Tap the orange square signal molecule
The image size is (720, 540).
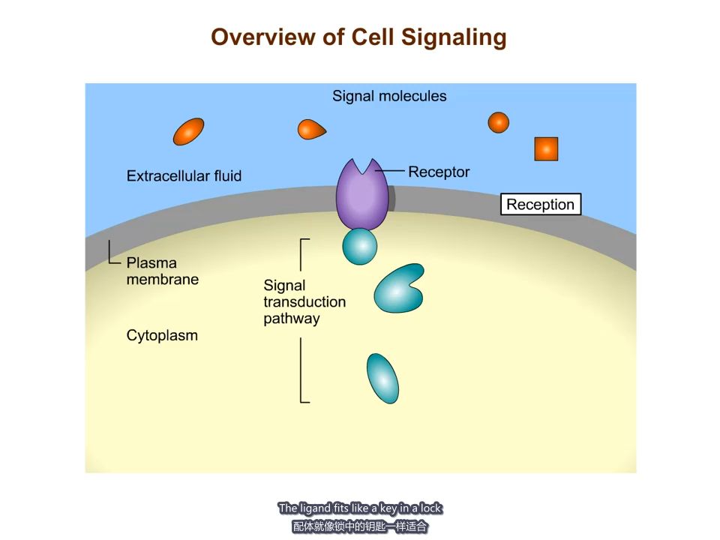point(546,148)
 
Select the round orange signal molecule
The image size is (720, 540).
point(499,122)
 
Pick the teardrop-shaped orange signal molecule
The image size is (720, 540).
point(310,130)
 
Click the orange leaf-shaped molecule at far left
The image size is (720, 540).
point(188,131)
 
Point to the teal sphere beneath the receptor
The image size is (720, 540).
point(360,247)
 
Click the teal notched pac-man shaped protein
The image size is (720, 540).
point(397,289)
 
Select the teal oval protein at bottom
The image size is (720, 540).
point(382,378)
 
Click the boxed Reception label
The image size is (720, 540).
point(540,205)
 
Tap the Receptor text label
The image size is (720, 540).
point(439,172)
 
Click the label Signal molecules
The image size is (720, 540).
point(389,96)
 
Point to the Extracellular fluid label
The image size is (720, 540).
point(184,176)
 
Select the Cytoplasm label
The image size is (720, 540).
point(162,335)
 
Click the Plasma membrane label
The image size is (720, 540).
point(162,271)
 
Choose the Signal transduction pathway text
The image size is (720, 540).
point(304,302)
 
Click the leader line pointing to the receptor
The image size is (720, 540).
point(391,171)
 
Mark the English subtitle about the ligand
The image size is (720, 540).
point(360,508)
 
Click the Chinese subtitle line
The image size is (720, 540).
point(360,526)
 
